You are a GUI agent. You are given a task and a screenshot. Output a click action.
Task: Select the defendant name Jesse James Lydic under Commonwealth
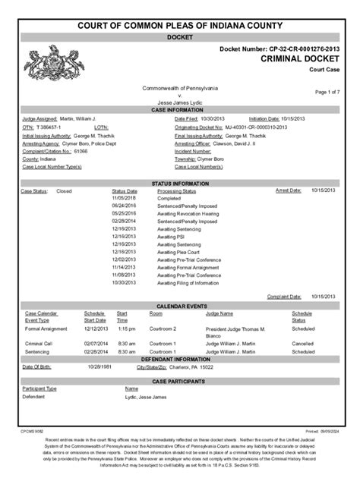[179, 102]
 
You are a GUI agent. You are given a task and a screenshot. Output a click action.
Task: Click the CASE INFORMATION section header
[179, 110]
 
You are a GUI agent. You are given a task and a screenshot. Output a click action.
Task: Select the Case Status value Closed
[64, 192]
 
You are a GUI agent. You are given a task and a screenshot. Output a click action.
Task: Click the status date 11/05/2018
[124, 199]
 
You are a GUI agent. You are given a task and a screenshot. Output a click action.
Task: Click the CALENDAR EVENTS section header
[179, 306]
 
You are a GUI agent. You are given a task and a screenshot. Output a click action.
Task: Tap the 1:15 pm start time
[125, 329]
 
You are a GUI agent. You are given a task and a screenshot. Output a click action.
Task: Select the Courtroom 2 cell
[163, 329]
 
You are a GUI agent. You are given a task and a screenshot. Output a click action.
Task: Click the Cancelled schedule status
[305, 343]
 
